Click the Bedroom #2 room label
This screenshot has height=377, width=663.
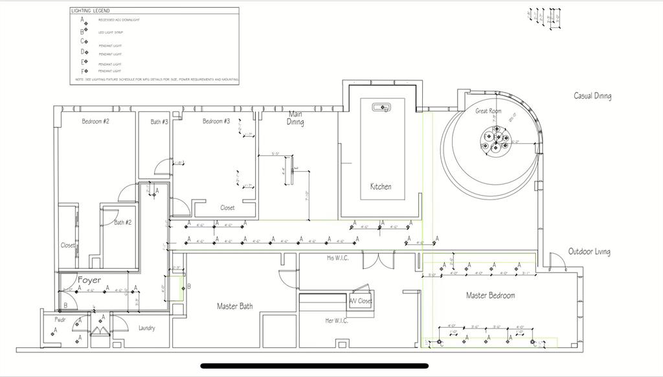click(95, 121)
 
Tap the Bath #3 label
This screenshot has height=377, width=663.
click(159, 121)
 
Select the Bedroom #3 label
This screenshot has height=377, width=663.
click(216, 121)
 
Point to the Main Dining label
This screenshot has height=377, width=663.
click(295, 118)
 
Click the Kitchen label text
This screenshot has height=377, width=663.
click(381, 187)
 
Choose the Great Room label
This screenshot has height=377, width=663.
click(489, 111)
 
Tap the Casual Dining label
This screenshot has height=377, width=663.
click(592, 96)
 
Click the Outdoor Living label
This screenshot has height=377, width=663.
click(589, 251)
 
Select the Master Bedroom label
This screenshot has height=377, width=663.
click(491, 295)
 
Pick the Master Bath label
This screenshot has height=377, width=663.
click(234, 306)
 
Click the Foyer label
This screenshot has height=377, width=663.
click(89, 280)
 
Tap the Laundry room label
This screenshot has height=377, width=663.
click(147, 328)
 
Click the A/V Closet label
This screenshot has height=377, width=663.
click(361, 301)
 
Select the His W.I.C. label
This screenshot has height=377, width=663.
click(339, 258)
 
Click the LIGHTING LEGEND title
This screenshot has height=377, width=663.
click(91, 11)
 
